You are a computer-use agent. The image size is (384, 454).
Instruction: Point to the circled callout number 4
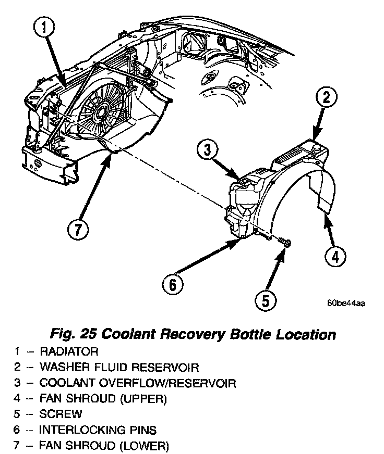336,256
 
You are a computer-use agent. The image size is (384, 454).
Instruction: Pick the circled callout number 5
266,300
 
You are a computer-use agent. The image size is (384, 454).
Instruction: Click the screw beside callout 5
285,242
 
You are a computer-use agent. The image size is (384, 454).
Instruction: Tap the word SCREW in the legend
61,414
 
